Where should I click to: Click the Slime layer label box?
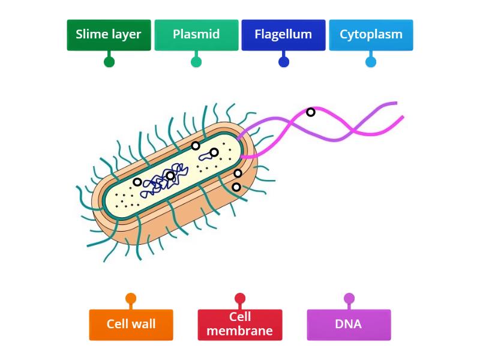point(109,35)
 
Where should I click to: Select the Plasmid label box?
point(196,35)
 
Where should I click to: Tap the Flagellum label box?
point(283,35)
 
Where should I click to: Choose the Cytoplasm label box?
point(371,35)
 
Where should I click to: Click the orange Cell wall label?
point(131,325)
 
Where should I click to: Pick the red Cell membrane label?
point(240,325)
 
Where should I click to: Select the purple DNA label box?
point(349,325)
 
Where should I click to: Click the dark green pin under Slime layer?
point(109,62)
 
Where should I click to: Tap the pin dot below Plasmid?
point(196,62)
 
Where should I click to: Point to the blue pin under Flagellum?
point(284,62)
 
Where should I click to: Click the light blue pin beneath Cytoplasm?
point(371,62)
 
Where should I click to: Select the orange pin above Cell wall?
point(131,298)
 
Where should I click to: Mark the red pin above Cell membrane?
point(240,298)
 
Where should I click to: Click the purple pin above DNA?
point(349,298)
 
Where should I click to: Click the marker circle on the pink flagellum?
point(310,112)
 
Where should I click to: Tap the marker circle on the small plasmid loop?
point(214,152)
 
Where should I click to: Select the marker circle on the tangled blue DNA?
point(170,176)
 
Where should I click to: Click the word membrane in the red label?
point(239,331)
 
